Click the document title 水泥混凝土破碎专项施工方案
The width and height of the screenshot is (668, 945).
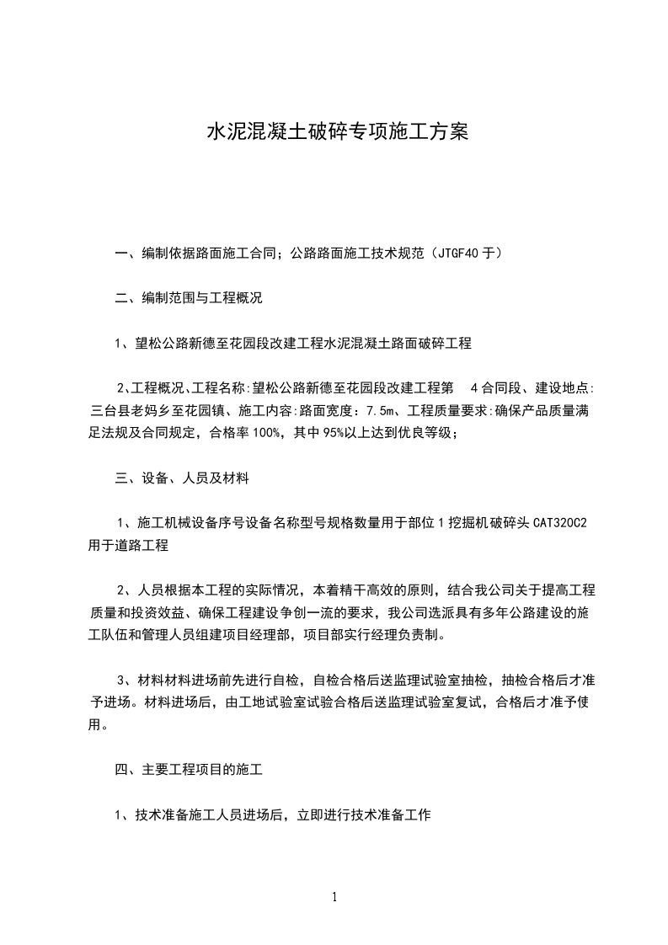[x=336, y=132]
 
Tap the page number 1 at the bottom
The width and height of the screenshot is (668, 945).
[x=334, y=897]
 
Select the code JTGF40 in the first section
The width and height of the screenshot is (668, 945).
[x=462, y=252]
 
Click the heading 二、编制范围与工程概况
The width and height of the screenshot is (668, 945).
[x=190, y=297]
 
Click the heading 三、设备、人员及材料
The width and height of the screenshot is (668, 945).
[x=181, y=478]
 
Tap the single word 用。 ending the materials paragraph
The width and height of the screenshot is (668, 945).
[x=98, y=723]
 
